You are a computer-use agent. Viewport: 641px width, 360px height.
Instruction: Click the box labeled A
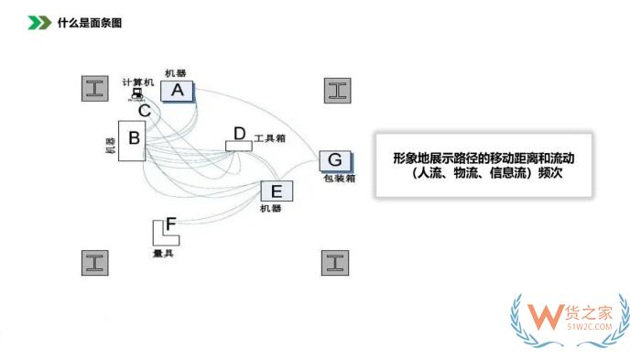click(x=178, y=90)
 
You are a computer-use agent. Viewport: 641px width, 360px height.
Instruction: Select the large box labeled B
click(x=133, y=139)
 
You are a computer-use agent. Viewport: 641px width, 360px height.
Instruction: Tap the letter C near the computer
click(x=145, y=111)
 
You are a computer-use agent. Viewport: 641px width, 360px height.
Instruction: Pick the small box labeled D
click(x=239, y=137)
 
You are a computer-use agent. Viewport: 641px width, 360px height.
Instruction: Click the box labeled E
click(x=277, y=191)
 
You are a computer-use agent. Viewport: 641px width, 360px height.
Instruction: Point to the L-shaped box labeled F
click(x=166, y=230)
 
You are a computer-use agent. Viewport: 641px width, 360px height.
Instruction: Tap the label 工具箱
click(x=270, y=138)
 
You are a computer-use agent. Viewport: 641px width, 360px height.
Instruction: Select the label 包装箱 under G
click(x=339, y=179)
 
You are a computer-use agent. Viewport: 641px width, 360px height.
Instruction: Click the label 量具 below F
click(x=163, y=252)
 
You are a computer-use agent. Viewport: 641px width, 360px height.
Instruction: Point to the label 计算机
click(x=138, y=82)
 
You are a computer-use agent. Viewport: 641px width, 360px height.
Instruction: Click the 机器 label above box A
click(x=176, y=72)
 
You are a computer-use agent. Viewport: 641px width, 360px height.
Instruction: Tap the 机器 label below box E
click(x=270, y=210)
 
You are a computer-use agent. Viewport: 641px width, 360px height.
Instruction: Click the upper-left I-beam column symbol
click(x=94, y=89)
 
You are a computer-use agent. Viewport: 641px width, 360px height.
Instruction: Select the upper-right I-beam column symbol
click(x=337, y=90)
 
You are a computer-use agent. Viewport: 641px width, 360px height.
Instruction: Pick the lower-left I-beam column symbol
click(x=94, y=262)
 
